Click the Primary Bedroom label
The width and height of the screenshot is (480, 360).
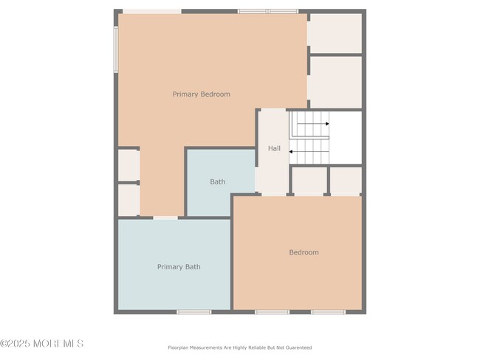point(201,94)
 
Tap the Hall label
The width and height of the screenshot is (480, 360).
point(274,148)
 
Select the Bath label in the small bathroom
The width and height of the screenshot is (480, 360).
point(217,181)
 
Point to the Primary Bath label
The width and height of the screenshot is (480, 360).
point(179,267)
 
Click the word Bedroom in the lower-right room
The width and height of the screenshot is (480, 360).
point(304,252)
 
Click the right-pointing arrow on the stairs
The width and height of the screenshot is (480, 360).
point(313,124)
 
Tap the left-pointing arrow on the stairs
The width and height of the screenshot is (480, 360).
point(309,152)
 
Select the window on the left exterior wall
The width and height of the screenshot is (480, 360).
point(116,49)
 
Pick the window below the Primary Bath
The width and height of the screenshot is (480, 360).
point(194,312)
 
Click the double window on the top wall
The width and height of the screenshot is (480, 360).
point(268,11)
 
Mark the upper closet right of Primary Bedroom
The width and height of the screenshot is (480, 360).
point(335,33)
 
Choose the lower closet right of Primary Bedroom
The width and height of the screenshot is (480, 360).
point(335,82)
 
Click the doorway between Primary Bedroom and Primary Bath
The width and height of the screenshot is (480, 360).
point(165,218)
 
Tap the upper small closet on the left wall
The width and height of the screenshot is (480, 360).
point(129,165)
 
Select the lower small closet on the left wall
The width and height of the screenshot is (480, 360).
point(129,200)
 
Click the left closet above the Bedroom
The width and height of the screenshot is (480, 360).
point(309,181)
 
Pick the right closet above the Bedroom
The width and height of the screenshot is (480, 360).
point(346,181)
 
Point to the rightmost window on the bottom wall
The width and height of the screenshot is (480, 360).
point(328,312)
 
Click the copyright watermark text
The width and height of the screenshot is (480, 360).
point(42,344)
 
